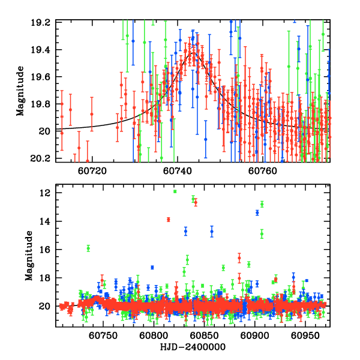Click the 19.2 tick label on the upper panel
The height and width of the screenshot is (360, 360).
(43, 22)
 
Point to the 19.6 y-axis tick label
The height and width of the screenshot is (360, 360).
(43, 77)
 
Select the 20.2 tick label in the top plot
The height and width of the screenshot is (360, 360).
(43, 159)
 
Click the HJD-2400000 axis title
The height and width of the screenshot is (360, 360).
(193, 347)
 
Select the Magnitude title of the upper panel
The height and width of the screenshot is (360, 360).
(20, 91)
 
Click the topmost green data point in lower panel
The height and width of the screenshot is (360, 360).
(175, 191)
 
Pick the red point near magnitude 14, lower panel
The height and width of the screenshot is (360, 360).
(169, 220)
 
